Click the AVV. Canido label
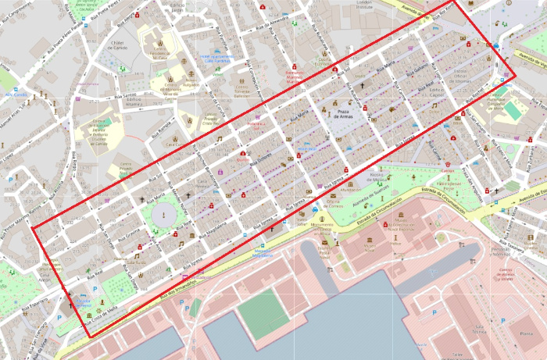[x=15, y=94]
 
